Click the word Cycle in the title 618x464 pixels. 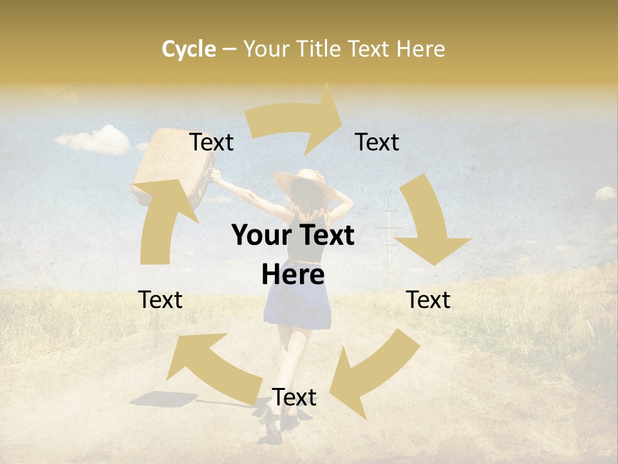point(189,49)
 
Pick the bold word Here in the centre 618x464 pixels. point(293,275)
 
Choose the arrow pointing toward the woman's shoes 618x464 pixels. point(370,374)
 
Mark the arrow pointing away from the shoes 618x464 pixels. point(206,367)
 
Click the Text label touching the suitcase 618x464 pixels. point(211,142)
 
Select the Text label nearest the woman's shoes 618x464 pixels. point(294,397)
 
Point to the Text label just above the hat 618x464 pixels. point(377,142)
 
